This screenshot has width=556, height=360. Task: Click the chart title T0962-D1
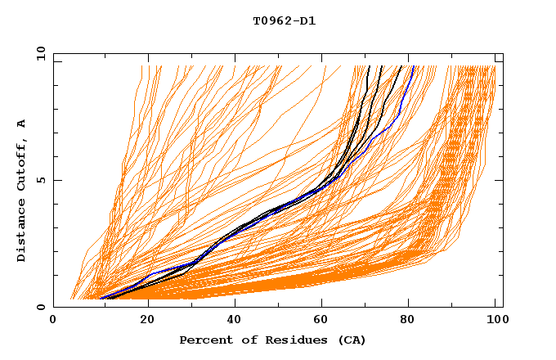284,21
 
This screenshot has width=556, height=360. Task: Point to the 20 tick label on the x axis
147,321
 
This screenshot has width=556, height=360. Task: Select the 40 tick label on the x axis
236,321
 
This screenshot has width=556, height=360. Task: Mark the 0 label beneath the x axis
53,321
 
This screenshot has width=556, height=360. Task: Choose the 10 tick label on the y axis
40,53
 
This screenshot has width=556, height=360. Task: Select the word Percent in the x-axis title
203,340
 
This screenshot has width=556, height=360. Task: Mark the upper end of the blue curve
414,66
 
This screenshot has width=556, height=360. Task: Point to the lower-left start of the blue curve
101,299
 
